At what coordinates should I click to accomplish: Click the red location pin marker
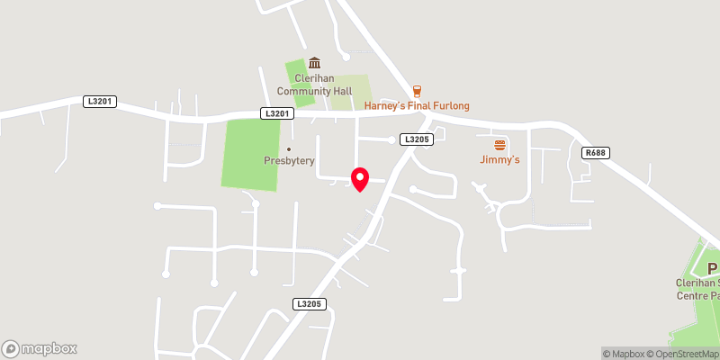tap(360, 178)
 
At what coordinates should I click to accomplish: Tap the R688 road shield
tap(595, 153)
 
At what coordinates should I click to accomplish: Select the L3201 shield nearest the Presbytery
tap(278, 113)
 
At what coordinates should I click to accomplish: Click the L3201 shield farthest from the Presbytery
tap(100, 102)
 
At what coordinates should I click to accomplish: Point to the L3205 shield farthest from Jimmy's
tap(309, 305)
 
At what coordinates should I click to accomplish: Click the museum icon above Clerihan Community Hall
tap(314, 63)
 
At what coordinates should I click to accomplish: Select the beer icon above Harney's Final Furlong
tap(417, 91)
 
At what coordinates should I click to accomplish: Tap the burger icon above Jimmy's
tap(499, 145)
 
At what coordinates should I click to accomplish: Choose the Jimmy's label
tap(499, 160)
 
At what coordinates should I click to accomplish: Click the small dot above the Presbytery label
tap(289, 149)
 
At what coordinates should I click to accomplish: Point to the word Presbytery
tap(289, 161)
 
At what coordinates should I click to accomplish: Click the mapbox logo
tap(40, 348)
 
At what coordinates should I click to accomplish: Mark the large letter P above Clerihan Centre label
tap(712, 268)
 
